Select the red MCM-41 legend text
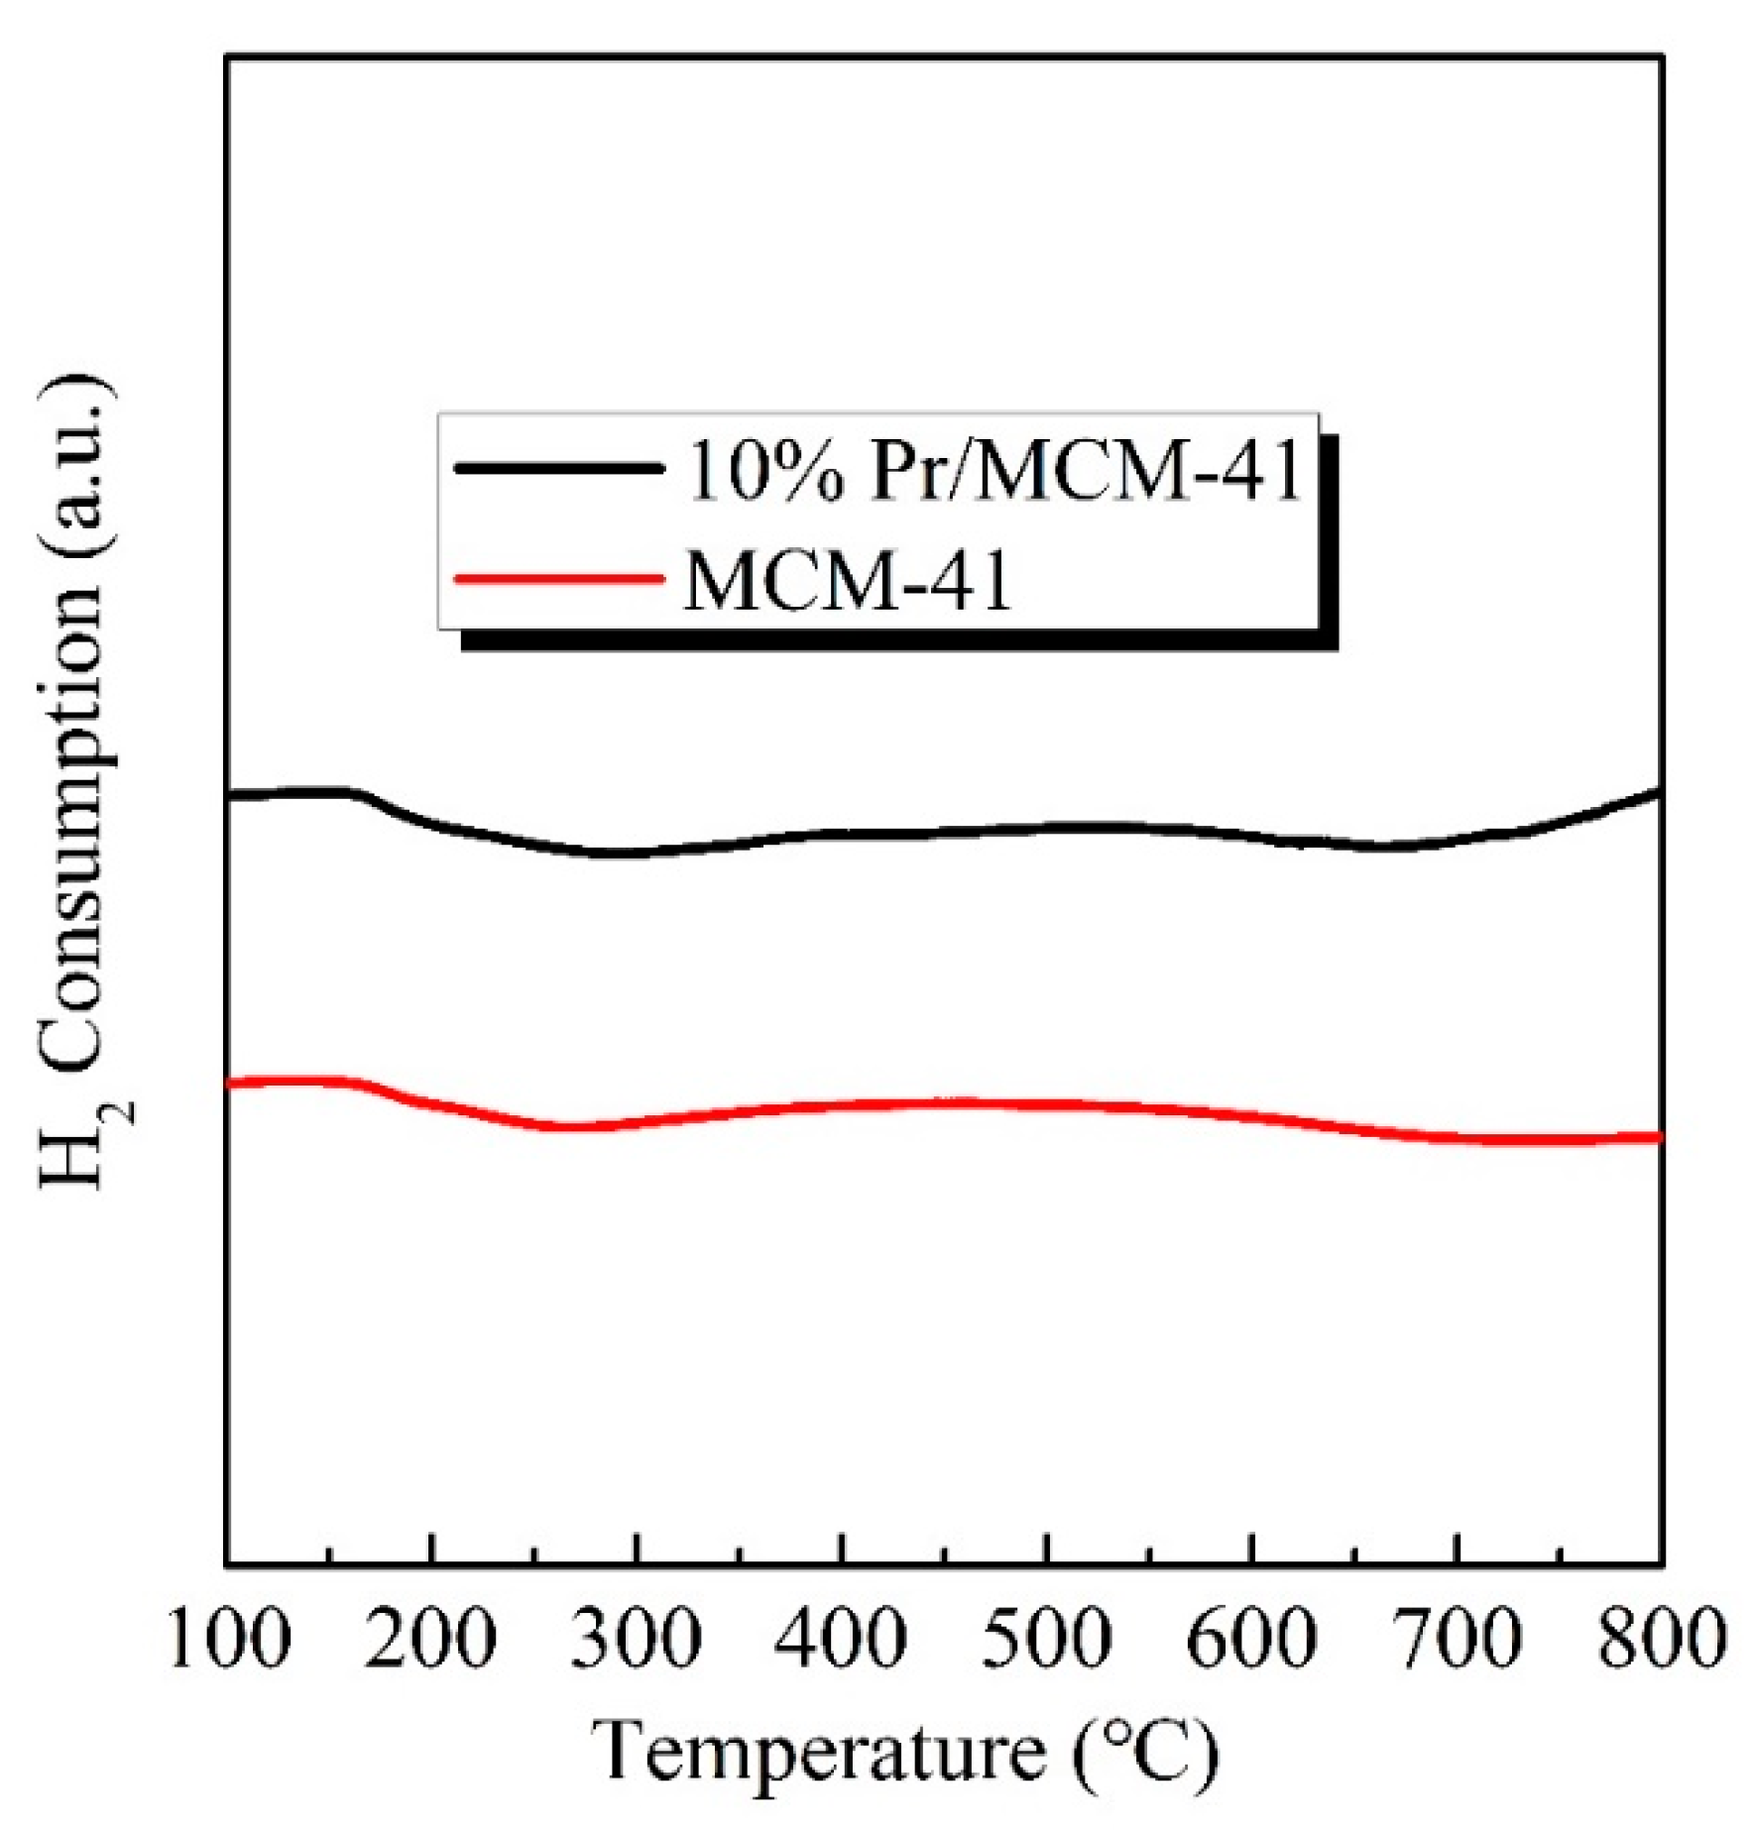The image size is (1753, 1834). pyautogui.click(x=849, y=581)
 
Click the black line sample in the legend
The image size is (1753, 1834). pyautogui.click(x=558, y=467)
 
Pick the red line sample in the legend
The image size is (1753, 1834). pyautogui.click(x=558, y=578)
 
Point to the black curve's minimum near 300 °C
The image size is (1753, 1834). pyautogui.click(x=615, y=853)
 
